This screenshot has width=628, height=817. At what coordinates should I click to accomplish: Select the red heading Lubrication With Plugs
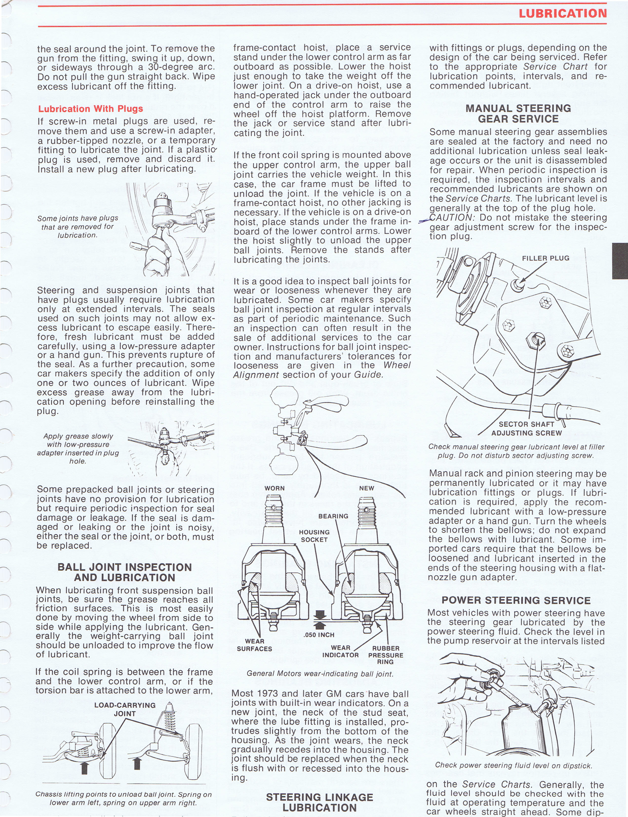(x=90, y=109)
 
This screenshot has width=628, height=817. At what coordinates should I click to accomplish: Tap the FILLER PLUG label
(x=545, y=258)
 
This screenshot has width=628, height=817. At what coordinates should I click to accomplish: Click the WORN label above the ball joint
(x=274, y=488)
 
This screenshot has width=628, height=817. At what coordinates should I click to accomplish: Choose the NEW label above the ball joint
(x=366, y=488)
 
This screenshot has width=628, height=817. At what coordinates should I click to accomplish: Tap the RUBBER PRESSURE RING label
(x=385, y=655)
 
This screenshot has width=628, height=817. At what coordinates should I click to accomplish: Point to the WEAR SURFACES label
(x=254, y=645)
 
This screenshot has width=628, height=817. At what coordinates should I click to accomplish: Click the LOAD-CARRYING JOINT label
(x=125, y=709)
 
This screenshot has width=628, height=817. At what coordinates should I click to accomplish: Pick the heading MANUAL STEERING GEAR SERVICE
(x=518, y=114)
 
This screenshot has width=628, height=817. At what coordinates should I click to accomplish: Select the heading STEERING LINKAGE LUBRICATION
(x=319, y=802)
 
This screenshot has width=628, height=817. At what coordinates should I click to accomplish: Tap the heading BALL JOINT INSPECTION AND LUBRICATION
(x=125, y=572)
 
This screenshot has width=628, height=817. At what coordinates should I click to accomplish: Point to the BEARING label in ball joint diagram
(x=333, y=516)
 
